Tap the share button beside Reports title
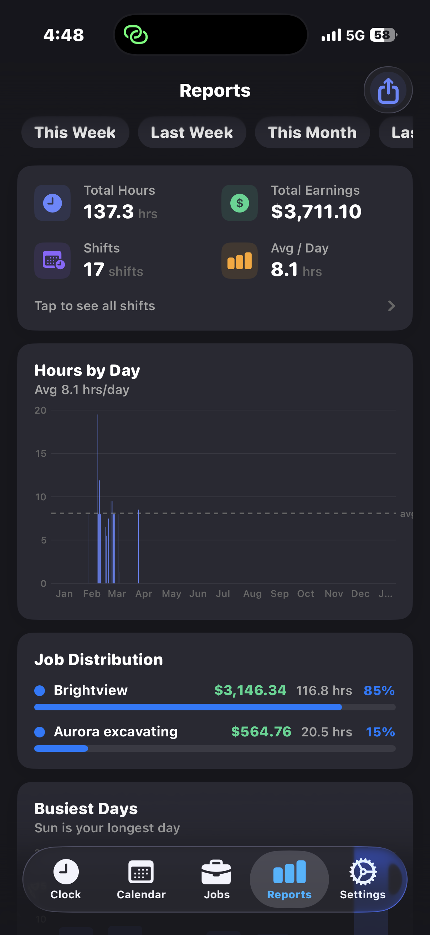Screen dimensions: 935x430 (x=388, y=90)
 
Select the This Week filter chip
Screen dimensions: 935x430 (x=75, y=133)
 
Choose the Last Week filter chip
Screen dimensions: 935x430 (x=191, y=133)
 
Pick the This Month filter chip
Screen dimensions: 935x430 (x=312, y=133)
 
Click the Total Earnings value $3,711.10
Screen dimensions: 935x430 (x=316, y=211)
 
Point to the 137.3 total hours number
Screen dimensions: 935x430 (x=108, y=211)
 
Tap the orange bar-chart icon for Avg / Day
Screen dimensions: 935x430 (x=240, y=261)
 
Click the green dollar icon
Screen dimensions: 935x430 (x=240, y=203)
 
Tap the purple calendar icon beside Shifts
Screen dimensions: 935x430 (x=53, y=261)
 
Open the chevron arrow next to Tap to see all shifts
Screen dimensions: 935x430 (x=391, y=306)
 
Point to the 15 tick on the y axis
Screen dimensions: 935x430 (x=41, y=454)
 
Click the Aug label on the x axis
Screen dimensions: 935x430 (x=252, y=594)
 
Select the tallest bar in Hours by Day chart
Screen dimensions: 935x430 (x=98, y=499)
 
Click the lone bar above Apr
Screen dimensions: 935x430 (x=138, y=547)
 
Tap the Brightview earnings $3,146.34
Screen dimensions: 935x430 (x=250, y=690)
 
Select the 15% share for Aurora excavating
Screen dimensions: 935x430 (x=380, y=732)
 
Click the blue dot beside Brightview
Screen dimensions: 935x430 (x=40, y=690)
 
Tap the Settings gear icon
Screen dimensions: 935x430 (x=363, y=872)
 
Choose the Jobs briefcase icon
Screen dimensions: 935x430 (x=217, y=872)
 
